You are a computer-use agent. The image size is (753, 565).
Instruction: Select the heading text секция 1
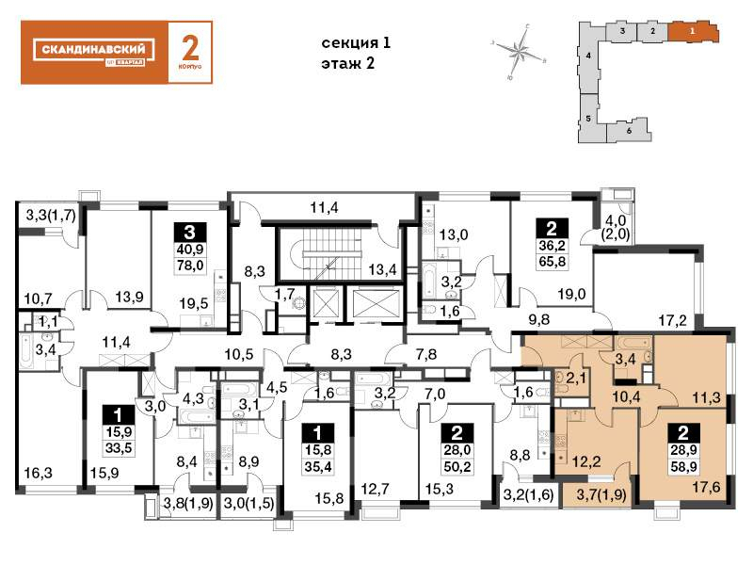[x=355, y=43]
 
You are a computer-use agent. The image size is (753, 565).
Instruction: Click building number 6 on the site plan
[x=629, y=130]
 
